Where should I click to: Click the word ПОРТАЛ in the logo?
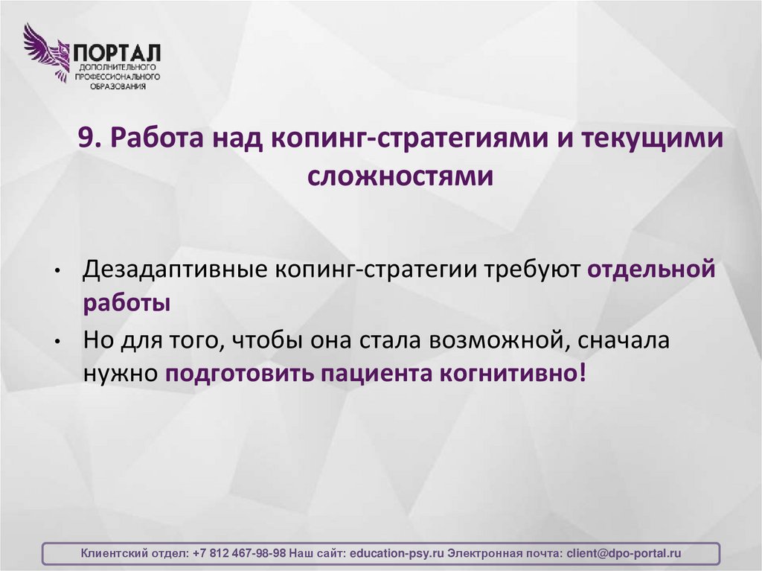click(x=117, y=53)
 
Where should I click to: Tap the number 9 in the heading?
click(x=86, y=140)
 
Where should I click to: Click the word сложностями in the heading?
click(x=400, y=176)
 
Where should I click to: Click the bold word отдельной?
click(x=653, y=269)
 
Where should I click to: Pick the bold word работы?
click(x=126, y=304)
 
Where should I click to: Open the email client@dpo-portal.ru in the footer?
click(x=624, y=553)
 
